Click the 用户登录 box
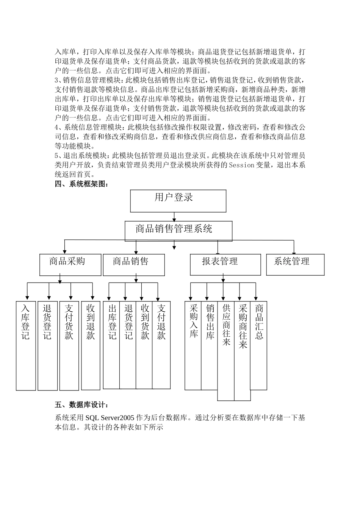[x=178, y=201]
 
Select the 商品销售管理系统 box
[x=178, y=231]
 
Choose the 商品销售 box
[x=134, y=264]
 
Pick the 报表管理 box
[x=225, y=264]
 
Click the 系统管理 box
[x=295, y=264]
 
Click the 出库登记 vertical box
[x=111, y=345]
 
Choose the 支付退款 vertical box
[x=161, y=345]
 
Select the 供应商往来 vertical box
[x=226, y=350]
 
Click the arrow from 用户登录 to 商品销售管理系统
[x=174, y=217]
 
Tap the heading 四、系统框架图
[x=82, y=184]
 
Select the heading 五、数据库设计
[x=82, y=406]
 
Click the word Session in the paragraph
[x=241, y=165]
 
